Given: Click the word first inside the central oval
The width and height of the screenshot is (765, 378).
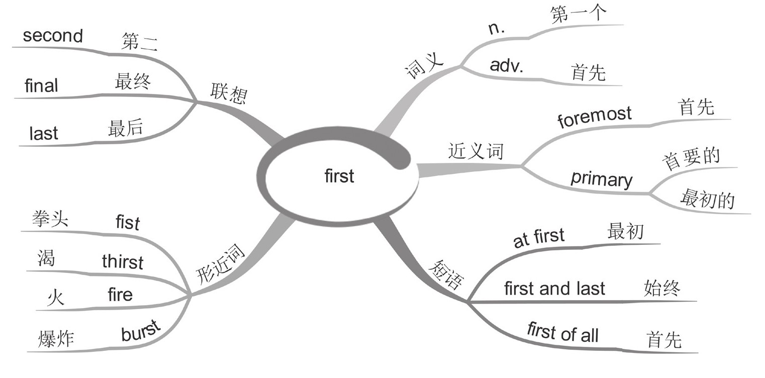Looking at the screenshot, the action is pyautogui.click(x=339, y=176).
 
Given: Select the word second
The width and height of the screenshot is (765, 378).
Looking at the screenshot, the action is pyautogui.click(x=53, y=36).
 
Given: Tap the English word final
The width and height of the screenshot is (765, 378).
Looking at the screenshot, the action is pyautogui.click(x=41, y=86).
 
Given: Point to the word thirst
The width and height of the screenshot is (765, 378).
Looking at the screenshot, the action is pyautogui.click(x=122, y=261).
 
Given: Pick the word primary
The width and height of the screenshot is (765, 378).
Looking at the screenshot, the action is pyautogui.click(x=601, y=179).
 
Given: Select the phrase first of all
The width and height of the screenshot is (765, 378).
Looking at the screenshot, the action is pyautogui.click(x=562, y=333).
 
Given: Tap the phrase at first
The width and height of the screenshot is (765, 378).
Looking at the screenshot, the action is pyautogui.click(x=538, y=238).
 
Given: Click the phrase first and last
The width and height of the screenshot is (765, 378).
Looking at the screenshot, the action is pyautogui.click(x=554, y=289).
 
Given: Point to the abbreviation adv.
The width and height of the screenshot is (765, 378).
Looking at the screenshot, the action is pyautogui.click(x=506, y=66).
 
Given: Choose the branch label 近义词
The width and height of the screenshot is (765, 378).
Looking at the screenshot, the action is pyautogui.click(x=475, y=152).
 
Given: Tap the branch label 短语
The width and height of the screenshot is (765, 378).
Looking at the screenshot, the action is pyautogui.click(x=445, y=275).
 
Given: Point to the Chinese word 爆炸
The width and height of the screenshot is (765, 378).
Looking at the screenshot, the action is pyautogui.click(x=56, y=339).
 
